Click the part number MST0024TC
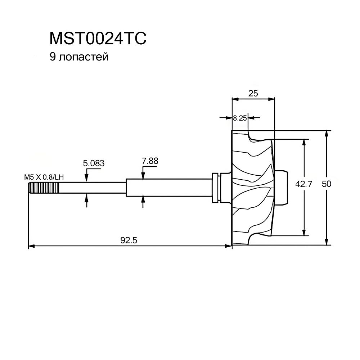pos(98,39)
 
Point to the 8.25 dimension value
pos(239,118)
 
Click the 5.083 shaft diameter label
pos(94,163)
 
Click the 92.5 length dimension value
pos(129,240)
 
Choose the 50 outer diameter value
pos(326,184)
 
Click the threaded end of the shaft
pos(35,188)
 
